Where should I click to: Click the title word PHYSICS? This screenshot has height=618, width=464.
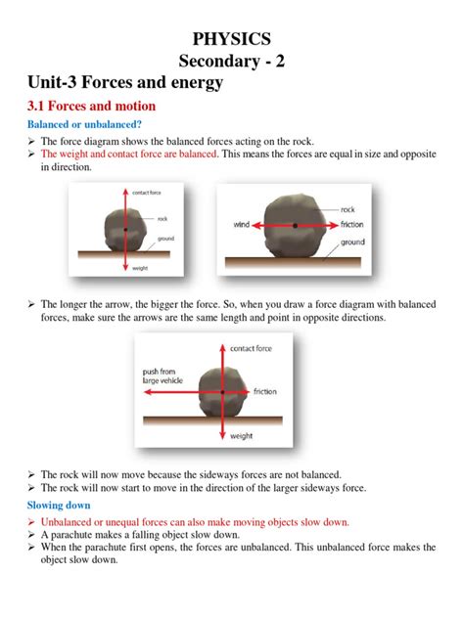pos(232,38)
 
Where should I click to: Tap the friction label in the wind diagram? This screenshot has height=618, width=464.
pos(352,225)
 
